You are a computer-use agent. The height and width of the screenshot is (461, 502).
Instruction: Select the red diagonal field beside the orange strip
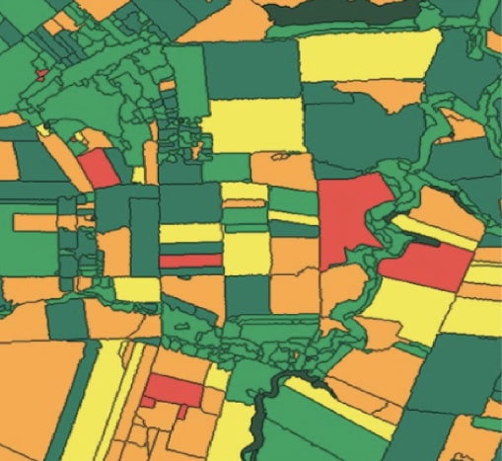99,167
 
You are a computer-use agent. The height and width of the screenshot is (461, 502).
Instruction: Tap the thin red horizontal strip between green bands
190,261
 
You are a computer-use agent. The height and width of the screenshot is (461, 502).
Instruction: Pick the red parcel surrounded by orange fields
174,390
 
